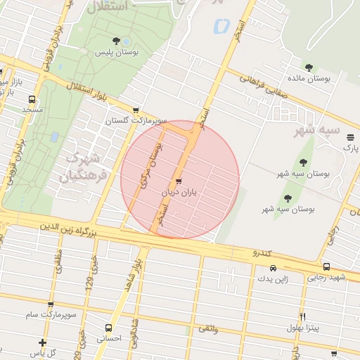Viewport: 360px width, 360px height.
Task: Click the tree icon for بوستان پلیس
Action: [x=116, y=41]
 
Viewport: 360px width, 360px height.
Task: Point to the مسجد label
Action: [x=32, y=110]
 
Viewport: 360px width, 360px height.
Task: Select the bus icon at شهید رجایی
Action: [x=326, y=266]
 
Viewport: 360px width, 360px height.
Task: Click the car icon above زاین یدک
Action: [x=273, y=268]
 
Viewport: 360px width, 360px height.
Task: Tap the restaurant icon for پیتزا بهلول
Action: [x=303, y=316]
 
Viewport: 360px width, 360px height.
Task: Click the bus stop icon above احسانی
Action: [x=108, y=328]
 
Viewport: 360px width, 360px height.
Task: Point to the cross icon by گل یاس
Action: [x=43, y=342]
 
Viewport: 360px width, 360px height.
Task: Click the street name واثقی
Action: [x=209, y=328]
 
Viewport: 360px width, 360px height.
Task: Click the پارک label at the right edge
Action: [x=350, y=148]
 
